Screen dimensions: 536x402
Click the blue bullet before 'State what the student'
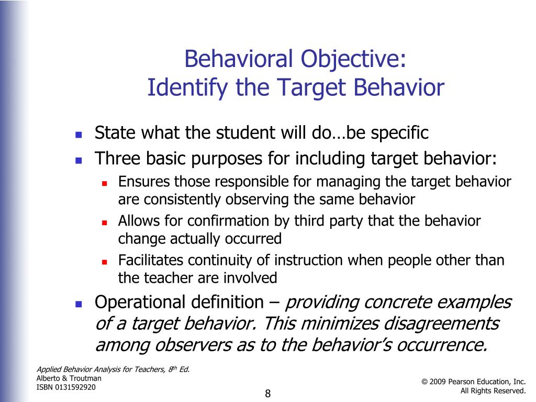point(79,135)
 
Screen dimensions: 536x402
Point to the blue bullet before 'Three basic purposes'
point(79,160)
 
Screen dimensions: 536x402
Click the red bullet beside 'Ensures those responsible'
point(105,184)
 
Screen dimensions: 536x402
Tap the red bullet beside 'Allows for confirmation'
point(105,223)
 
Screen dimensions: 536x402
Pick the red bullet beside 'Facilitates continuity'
point(105,262)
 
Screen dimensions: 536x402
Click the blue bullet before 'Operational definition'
point(79,304)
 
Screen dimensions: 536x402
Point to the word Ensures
point(144,182)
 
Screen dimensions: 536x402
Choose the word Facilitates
point(151,260)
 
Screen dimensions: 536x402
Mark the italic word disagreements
point(441,323)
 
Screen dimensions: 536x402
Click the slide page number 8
point(267,394)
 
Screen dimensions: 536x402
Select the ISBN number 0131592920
point(75,387)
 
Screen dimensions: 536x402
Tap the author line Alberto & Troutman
point(69,378)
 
